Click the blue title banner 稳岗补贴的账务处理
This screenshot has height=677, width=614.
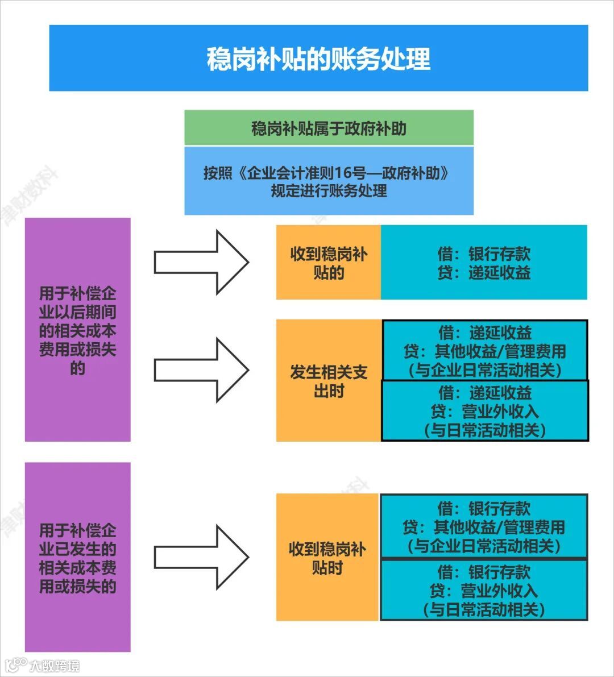[x=318, y=58]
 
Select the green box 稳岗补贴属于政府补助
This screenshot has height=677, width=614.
[x=329, y=128]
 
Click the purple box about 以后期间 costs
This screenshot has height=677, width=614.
[x=77, y=330]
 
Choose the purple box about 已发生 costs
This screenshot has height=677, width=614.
[x=77, y=557]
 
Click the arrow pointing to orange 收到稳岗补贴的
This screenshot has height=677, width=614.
[x=201, y=262]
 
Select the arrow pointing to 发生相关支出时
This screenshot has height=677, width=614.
[x=201, y=370]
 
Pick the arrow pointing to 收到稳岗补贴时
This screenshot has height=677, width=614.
[x=201, y=557]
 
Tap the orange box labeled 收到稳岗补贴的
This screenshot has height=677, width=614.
[x=329, y=263]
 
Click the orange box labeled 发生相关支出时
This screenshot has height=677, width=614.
[x=329, y=381]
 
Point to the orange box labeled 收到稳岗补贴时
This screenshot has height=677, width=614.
[x=327, y=558]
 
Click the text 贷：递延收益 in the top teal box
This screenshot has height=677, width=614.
[x=484, y=273]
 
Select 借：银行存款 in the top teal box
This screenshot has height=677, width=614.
[x=484, y=254]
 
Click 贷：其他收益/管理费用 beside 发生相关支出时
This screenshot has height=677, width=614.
[x=485, y=351]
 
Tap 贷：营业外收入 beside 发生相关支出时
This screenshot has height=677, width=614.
[x=485, y=411]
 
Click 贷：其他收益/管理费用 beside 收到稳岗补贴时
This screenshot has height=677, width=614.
[x=484, y=527]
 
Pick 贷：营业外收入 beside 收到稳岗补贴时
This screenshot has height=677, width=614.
[x=484, y=591]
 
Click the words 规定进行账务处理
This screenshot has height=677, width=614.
[x=329, y=191]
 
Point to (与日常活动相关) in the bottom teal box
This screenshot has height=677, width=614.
[x=484, y=610]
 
